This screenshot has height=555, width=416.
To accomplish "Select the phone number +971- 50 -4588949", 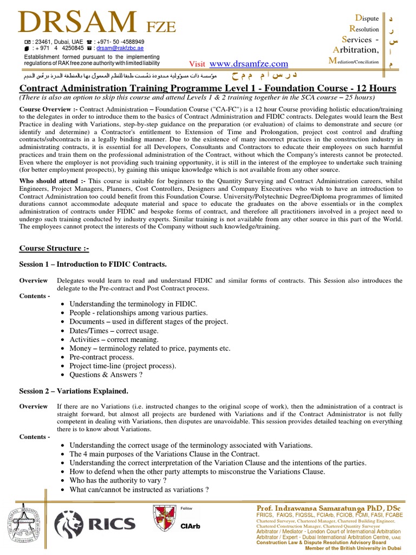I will click(x=122, y=41).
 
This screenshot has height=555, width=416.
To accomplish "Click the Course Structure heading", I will click(x=54, y=248).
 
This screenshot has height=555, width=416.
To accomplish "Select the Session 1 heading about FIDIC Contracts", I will click(x=93, y=264).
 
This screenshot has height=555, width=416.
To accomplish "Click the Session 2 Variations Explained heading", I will click(x=74, y=391).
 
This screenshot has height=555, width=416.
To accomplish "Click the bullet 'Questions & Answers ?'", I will click(x=106, y=375).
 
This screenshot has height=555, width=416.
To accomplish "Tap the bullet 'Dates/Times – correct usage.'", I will click(x=114, y=331).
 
